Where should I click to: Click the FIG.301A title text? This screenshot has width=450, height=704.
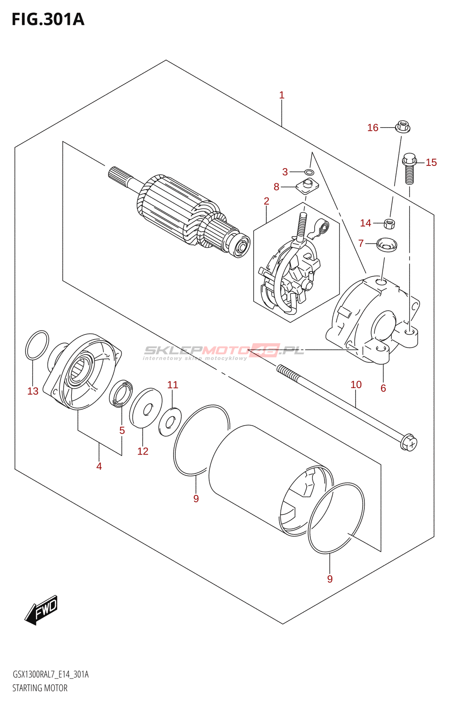click(47, 19)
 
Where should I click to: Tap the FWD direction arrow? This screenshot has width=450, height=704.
click(41, 610)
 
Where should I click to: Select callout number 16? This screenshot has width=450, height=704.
click(373, 128)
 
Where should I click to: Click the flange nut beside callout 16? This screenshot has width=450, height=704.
click(403, 127)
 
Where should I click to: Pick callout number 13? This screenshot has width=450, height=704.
click(33, 391)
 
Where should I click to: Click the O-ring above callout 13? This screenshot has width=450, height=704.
click(37, 345)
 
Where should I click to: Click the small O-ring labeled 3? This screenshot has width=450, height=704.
click(309, 172)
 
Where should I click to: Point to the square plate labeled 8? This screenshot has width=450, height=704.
click(307, 186)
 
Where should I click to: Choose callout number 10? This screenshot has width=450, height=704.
click(356, 385)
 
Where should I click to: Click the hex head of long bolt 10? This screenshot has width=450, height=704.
click(408, 442)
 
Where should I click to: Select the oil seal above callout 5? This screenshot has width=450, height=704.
click(121, 393)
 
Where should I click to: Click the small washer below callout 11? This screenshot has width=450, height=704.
click(170, 422)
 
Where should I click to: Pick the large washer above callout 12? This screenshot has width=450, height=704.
click(146, 407)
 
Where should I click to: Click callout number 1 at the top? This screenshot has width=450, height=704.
click(282, 95)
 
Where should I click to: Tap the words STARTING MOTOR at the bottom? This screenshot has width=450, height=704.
click(40, 688)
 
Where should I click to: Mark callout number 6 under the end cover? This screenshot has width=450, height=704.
click(383, 388)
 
